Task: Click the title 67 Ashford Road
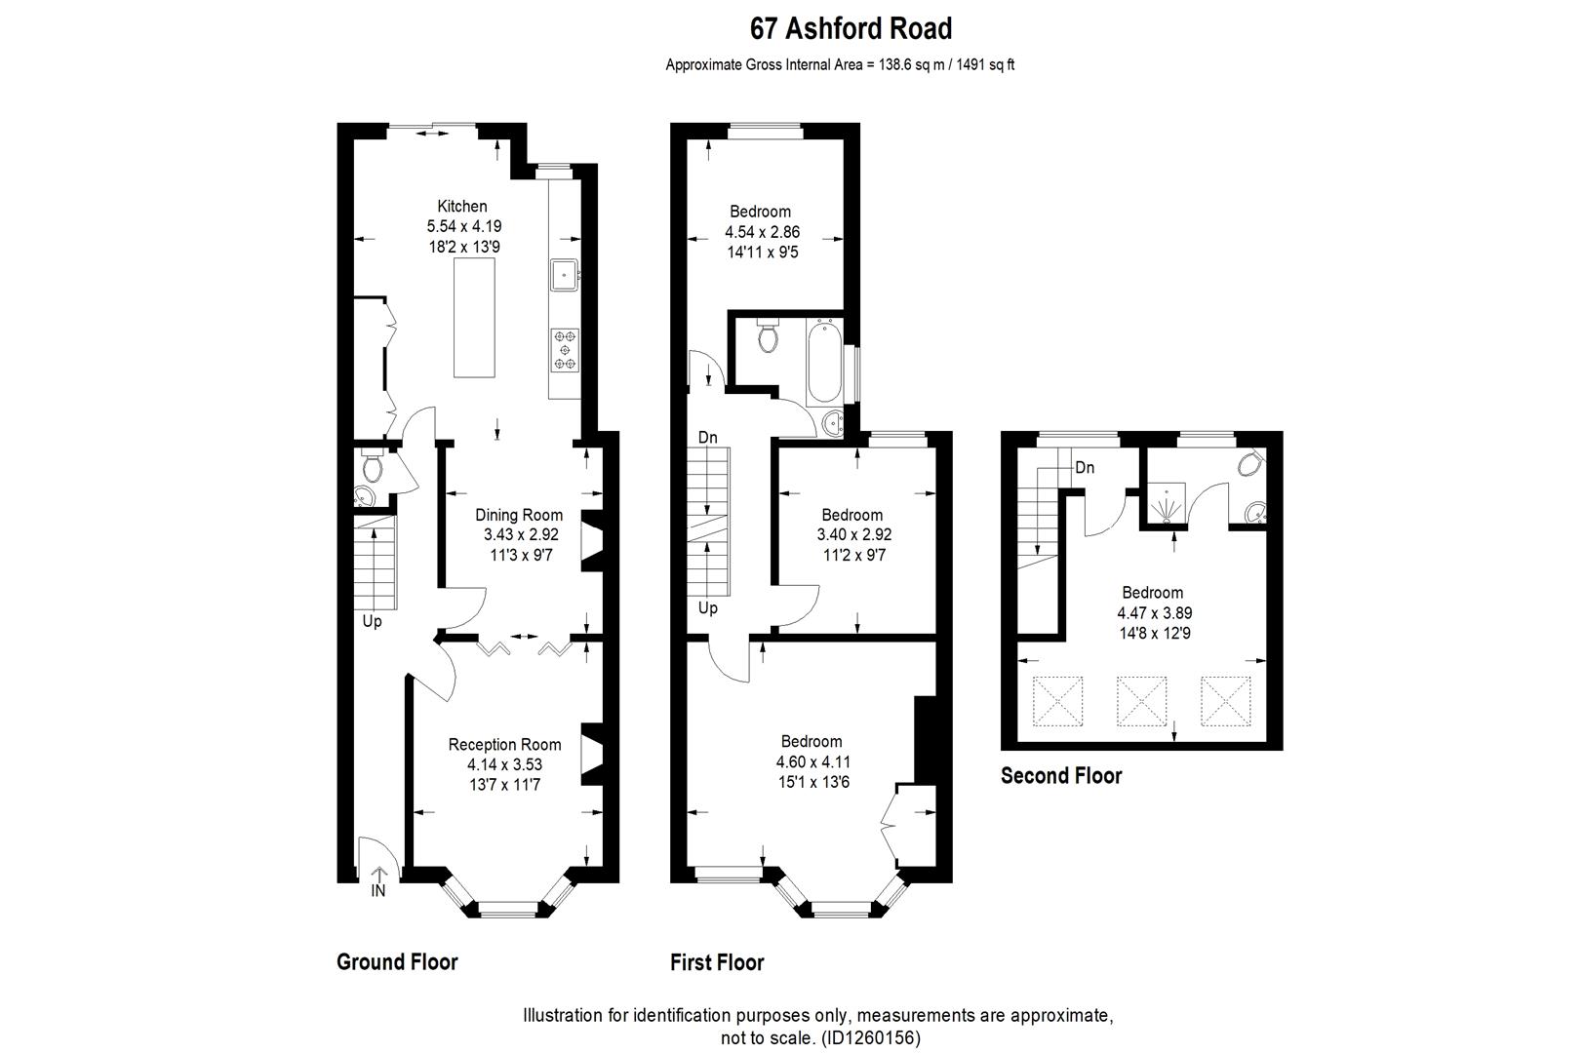(851, 29)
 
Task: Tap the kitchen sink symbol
(564, 275)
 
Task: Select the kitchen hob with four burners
(565, 350)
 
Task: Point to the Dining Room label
(519, 515)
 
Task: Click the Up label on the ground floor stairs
(373, 621)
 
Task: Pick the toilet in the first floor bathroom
(768, 337)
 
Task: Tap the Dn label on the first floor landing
(708, 438)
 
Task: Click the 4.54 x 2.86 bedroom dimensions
(762, 232)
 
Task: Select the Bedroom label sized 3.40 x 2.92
(851, 515)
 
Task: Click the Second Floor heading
(1061, 776)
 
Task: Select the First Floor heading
(717, 963)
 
